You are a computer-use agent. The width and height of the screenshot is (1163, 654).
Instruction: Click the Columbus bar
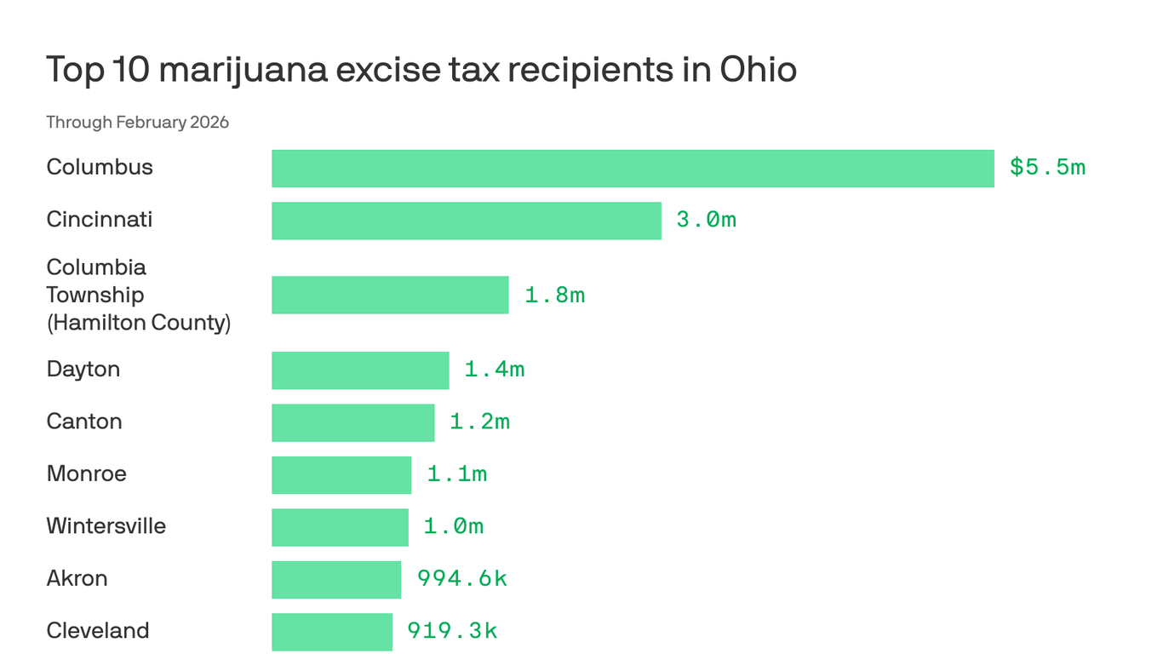coord(633,169)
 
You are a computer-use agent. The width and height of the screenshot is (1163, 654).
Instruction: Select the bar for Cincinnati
coord(467,221)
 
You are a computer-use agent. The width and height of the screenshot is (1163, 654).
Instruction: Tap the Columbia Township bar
coord(390,295)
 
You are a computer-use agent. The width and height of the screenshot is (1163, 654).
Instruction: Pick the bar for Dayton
coord(360,370)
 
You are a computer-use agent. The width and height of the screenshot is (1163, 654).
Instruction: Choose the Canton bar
coord(352,422)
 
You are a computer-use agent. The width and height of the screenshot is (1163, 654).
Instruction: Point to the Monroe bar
coord(341,475)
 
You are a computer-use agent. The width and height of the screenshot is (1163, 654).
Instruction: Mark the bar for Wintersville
coord(340,527)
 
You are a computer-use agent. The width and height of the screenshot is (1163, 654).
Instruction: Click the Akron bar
coord(336,579)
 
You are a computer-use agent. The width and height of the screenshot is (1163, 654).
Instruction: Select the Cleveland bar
coord(332,631)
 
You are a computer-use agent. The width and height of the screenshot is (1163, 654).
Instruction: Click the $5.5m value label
coord(1047,168)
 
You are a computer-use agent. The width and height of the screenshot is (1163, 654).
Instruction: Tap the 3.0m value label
coord(706,220)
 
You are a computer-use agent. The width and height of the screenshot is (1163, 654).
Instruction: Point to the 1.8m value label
coord(554,295)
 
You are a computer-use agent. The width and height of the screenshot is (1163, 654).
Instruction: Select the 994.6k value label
coord(461,579)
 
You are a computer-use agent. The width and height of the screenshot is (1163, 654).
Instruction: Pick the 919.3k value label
coord(452,631)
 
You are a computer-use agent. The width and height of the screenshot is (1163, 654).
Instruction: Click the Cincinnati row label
coord(100,220)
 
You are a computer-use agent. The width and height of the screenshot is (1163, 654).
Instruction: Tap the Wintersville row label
coord(106,526)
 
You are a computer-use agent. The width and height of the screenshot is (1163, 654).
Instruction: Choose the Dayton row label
coord(83,370)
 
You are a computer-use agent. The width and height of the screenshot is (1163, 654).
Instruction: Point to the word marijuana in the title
coord(243,70)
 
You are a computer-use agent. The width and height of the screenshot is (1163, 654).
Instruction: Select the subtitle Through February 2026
coord(138,122)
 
